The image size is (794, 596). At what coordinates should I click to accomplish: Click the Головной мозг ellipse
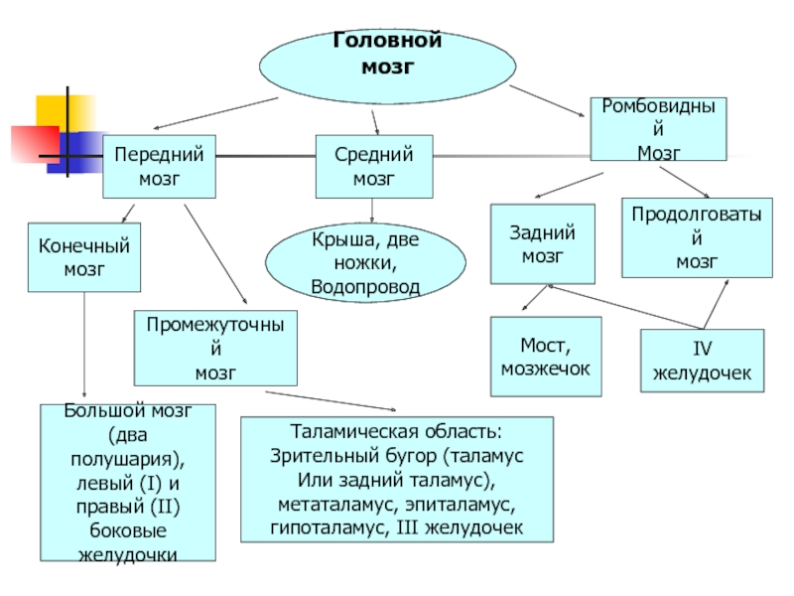point(387,67)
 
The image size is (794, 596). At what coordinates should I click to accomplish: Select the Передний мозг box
point(159,166)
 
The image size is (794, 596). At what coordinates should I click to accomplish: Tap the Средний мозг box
point(374,166)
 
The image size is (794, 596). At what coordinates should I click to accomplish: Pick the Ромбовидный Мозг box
point(658,129)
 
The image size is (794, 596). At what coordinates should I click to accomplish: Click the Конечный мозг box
point(84,257)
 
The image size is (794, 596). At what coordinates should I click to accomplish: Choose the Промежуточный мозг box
point(215,349)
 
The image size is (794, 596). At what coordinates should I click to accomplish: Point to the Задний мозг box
point(542,243)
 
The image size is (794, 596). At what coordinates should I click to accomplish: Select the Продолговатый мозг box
point(698,237)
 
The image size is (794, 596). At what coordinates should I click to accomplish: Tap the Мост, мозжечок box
point(546,357)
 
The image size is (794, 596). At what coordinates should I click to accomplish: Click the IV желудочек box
point(702,361)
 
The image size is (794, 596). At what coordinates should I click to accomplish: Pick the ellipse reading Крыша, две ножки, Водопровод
point(365,262)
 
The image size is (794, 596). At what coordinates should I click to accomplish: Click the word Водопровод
point(365,287)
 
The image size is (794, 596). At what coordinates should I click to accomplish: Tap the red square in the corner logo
point(35,144)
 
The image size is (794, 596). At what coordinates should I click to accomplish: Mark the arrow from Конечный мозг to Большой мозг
point(84,345)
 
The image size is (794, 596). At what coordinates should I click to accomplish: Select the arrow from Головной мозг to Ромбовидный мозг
point(547,101)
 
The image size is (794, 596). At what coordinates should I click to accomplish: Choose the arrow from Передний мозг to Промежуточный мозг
point(215,254)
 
